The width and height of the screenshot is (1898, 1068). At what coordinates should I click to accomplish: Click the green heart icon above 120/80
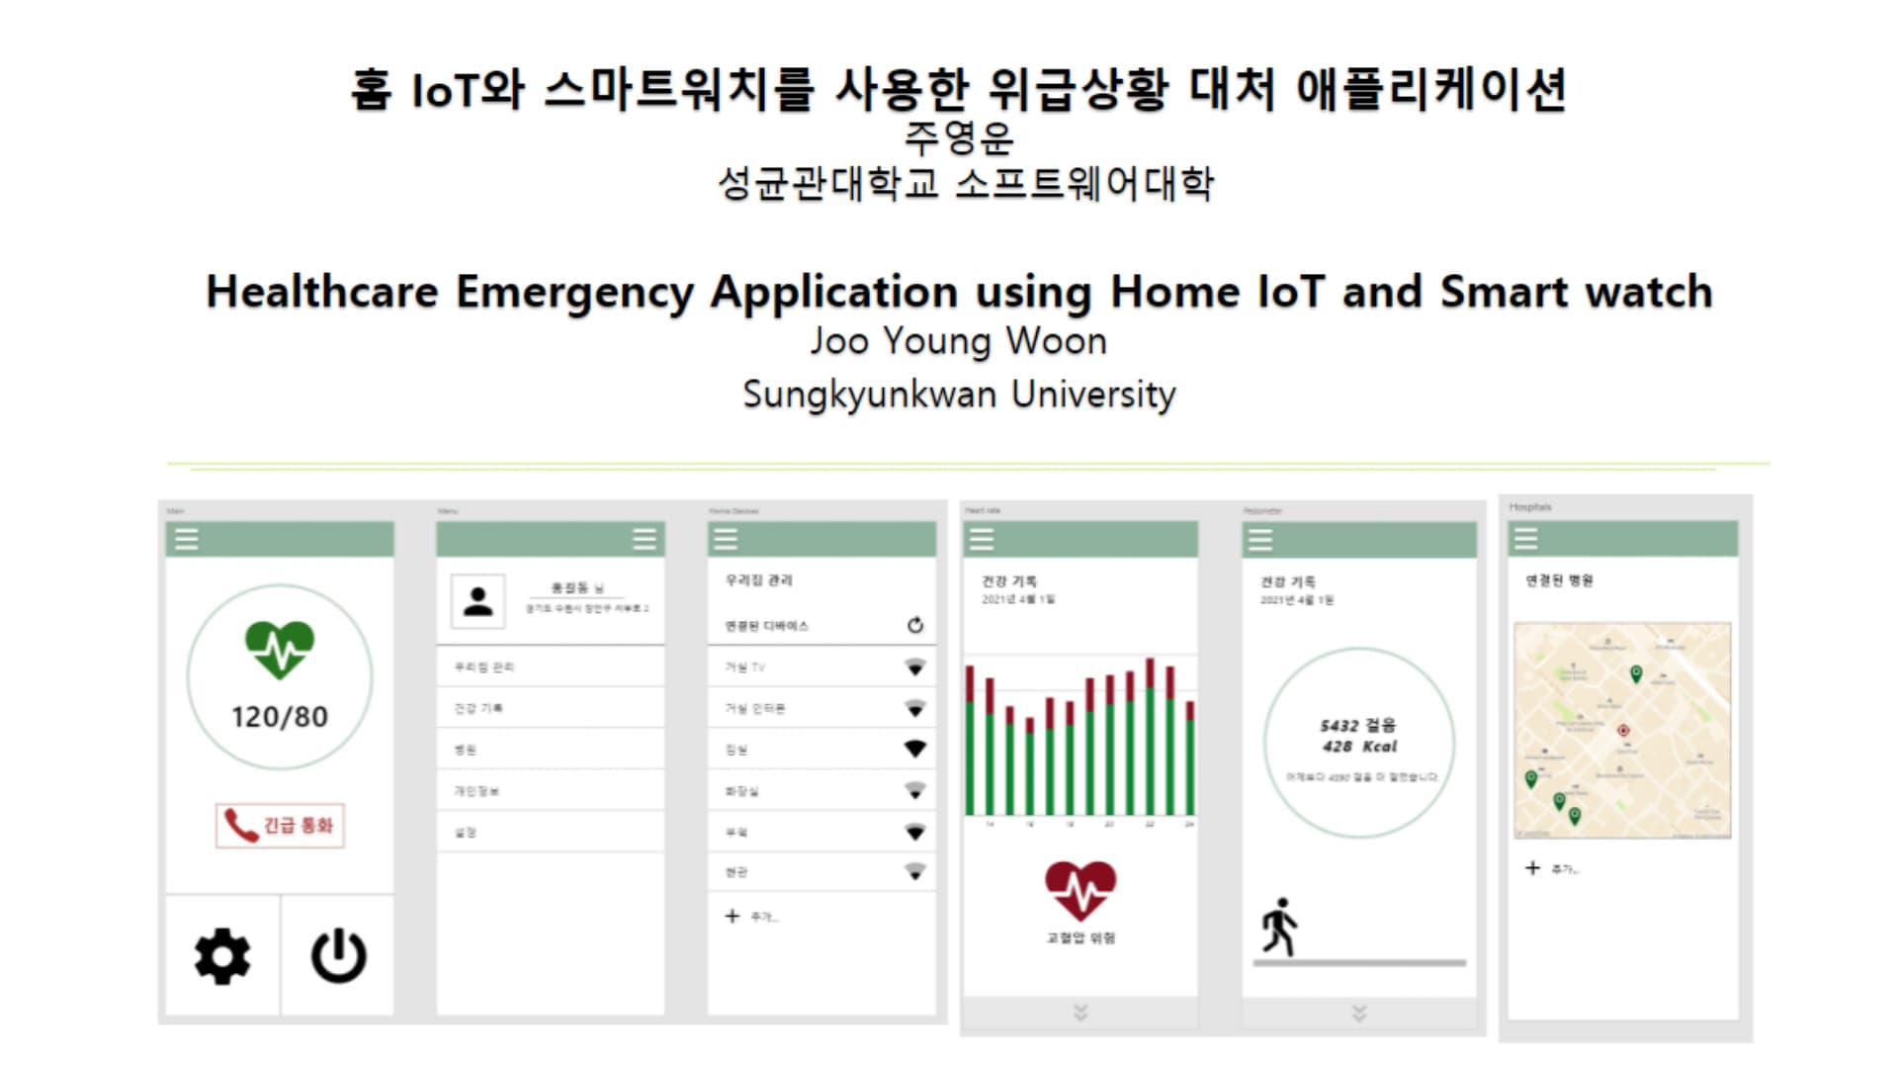[280, 649]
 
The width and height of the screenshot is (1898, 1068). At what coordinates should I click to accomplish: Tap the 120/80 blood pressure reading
[280, 717]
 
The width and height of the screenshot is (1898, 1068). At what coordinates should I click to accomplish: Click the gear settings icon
[222, 956]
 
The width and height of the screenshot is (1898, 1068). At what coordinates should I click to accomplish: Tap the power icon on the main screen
[339, 956]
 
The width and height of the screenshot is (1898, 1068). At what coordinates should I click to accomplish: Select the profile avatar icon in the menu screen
[477, 601]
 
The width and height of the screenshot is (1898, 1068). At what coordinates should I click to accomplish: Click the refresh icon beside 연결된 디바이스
[915, 625]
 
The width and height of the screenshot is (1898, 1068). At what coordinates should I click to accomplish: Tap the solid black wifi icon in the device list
[915, 749]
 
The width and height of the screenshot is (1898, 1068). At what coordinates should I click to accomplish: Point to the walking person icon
[1279, 927]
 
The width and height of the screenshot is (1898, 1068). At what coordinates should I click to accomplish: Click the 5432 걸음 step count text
[1358, 725]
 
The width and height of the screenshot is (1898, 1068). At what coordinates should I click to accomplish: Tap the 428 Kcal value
[1360, 747]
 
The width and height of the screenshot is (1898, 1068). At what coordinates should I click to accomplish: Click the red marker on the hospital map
[1622, 731]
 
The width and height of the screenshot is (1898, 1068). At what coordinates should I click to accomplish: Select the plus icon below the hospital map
[1532, 868]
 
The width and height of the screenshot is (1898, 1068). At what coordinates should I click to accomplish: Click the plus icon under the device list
[732, 916]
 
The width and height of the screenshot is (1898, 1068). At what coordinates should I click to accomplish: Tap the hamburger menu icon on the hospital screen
[1526, 539]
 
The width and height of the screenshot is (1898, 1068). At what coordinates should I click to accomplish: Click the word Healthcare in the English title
[321, 292]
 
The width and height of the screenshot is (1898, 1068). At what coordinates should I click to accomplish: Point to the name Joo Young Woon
[958, 341]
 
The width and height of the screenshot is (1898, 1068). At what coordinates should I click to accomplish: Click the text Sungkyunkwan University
[958, 394]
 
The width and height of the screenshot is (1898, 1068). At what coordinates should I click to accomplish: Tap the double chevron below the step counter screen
[1359, 1013]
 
